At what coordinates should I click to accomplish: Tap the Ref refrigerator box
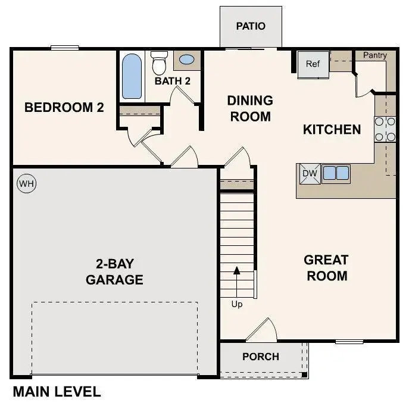(313, 64)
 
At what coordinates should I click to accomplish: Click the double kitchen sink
(336, 173)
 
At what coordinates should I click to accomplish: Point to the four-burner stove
(385, 129)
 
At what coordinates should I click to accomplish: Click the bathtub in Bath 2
(132, 76)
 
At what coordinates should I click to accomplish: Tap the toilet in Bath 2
(159, 62)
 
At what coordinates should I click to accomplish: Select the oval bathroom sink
(186, 60)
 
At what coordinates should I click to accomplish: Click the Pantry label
(375, 55)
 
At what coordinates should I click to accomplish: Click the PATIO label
(251, 26)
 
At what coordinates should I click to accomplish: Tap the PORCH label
(261, 357)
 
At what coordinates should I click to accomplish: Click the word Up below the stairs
(237, 304)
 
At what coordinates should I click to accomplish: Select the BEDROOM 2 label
(64, 108)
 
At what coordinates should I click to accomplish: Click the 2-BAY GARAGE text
(114, 271)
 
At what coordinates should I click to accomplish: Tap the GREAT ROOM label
(326, 268)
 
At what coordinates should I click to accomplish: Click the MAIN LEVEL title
(57, 392)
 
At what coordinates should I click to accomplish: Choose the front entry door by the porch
(262, 331)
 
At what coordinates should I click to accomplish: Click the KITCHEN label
(332, 129)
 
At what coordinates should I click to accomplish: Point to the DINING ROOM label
(250, 108)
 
